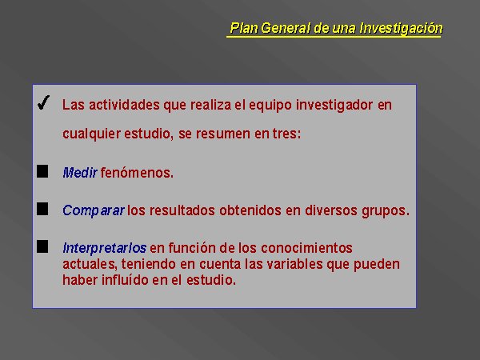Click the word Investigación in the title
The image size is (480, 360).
(401, 28)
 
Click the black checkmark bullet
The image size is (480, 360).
(43, 102)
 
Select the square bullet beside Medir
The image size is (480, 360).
(42, 171)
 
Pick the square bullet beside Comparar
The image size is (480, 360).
(42, 209)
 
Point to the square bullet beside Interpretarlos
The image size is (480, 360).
(42, 246)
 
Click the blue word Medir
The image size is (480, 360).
(80, 173)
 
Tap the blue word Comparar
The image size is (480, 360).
(94, 210)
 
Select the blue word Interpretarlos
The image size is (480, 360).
(104, 248)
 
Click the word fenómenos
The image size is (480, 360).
(137, 173)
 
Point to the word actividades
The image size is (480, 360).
(124, 105)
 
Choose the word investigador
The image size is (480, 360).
(334, 106)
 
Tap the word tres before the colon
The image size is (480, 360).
(285, 134)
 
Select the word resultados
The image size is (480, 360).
(182, 210)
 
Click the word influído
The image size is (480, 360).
(125, 280)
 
